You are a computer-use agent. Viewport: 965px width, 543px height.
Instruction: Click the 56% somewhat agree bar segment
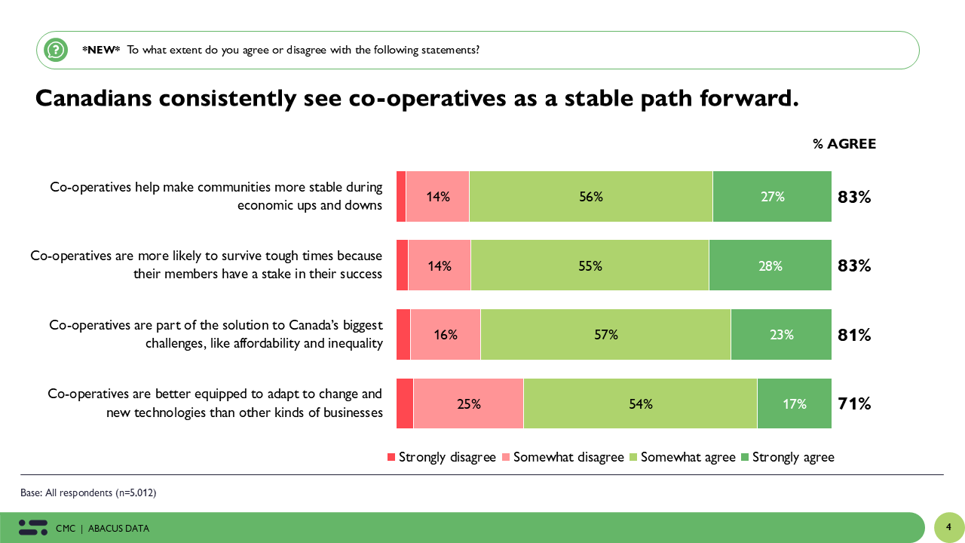[x=590, y=197]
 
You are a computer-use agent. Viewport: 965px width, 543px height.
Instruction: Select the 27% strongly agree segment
[x=772, y=197]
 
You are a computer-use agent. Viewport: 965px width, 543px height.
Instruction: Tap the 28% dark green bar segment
[x=770, y=265]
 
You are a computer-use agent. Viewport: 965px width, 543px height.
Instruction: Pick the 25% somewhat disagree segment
[x=468, y=403]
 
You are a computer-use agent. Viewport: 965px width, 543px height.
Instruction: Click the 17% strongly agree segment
[x=794, y=403]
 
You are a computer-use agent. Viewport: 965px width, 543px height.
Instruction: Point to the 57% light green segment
[x=605, y=335]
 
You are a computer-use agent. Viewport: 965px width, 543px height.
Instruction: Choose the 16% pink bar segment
[x=446, y=335]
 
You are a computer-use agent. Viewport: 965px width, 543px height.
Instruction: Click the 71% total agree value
[x=854, y=403]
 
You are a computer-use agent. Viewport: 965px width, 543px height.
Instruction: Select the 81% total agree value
[x=854, y=335]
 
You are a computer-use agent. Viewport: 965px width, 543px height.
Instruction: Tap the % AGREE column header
[x=844, y=144]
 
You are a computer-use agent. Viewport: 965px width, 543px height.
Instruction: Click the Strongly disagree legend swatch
[x=391, y=457]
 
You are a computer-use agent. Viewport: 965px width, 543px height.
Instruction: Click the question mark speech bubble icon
[x=56, y=50]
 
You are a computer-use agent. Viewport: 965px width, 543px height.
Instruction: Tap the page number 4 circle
[x=949, y=527]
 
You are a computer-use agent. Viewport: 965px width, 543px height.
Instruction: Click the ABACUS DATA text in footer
[x=118, y=529]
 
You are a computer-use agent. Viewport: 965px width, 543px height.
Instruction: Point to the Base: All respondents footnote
[x=88, y=493]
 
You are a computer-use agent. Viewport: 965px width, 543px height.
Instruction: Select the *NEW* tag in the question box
[x=101, y=50]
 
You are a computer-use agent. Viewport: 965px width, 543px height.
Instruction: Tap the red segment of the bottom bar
[x=405, y=403]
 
